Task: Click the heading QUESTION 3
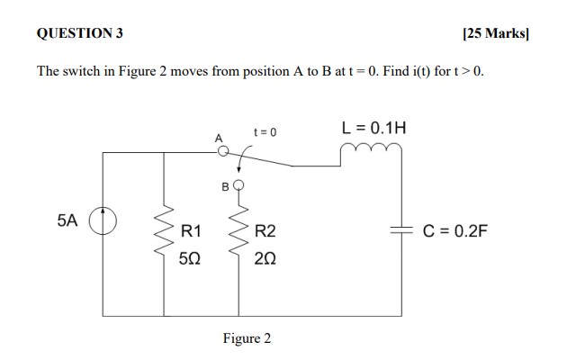pyautogui.click(x=80, y=33)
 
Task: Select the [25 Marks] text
pyautogui.click(x=495, y=33)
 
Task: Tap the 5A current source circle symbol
pyautogui.click(x=103, y=220)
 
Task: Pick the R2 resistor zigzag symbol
pyautogui.click(x=239, y=239)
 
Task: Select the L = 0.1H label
pyautogui.click(x=373, y=128)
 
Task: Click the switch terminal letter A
pyautogui.click(x=217, y=138)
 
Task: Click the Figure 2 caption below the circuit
pyautogui.click(x=247, y=338)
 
